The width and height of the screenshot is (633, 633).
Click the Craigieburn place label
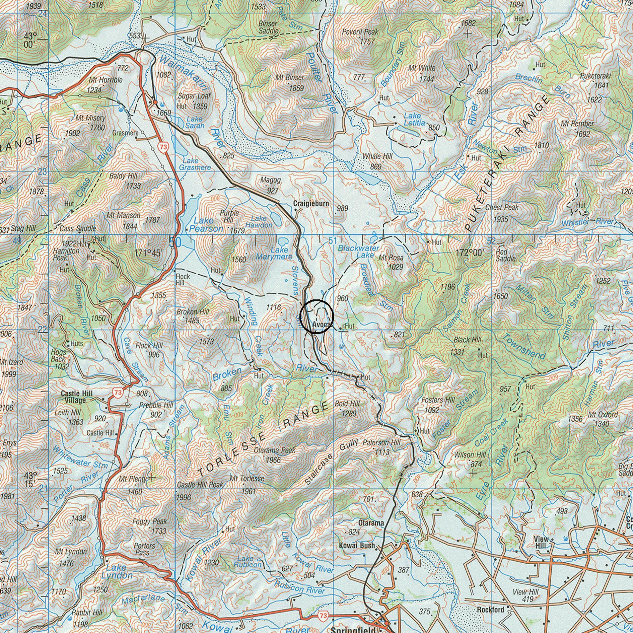click(x=311, y=204)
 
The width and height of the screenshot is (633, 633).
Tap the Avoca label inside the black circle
click(x=322, y=325)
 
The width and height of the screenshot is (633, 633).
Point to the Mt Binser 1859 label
click(x=290, y=82)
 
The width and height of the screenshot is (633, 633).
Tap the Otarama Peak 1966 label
click(x=275, y=454)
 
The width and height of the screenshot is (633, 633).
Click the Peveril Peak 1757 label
click(x=360, y=36)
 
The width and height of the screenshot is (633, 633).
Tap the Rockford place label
click(x=490, y=610)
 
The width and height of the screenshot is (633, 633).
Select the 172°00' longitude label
click(x=470, y=253)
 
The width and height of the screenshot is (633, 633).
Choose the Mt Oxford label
click(x=605, y=415)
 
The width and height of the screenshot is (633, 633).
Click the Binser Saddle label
click(x=268, y=27)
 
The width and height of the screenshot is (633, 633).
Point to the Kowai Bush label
click(x=357, y=545)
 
